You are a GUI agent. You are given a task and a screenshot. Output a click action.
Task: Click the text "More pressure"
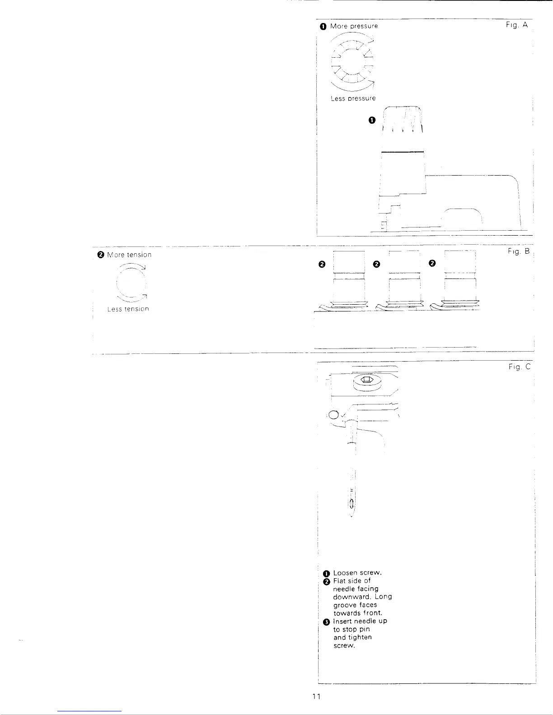tap(354, 26)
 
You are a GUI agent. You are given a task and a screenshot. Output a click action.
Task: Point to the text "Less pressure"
tap(353, 98)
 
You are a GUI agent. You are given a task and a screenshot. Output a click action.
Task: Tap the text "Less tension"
tap(128, 309)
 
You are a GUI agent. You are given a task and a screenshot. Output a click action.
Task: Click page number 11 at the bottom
tap(316, 696)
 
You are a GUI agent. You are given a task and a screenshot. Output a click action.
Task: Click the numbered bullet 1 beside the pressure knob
tap(371, 120)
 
